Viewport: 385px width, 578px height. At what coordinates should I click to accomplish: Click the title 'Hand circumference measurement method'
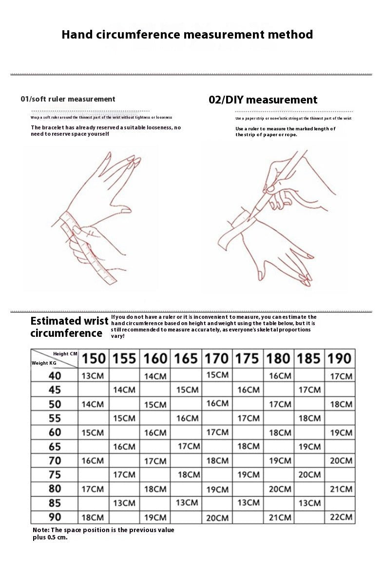point(187,35)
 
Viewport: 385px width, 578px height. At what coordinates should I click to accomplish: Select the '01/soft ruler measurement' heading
point(68,99)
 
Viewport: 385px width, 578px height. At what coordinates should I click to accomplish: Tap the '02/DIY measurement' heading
point(263,100)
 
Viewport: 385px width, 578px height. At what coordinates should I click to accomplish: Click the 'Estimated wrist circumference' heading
point(69,327)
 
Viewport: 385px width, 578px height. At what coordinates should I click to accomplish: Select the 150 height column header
point(94,359)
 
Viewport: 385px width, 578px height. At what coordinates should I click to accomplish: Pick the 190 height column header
point(339,359)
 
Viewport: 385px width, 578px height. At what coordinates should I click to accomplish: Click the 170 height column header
point(216,359)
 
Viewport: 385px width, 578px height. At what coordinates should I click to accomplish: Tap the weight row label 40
point(55,376)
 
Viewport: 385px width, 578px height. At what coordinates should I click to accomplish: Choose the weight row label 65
point(55,447)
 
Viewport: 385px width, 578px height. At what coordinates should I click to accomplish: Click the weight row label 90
point(55,517)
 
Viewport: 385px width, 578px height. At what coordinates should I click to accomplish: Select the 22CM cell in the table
point(340,517)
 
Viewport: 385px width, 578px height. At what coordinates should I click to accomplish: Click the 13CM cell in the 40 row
point(93,376)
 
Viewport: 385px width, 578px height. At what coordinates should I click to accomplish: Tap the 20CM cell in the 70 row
point(340,460)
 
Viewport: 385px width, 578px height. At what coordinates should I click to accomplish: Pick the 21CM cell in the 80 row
point(340,489)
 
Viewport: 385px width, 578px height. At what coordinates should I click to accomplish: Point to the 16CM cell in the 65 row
point(124,447)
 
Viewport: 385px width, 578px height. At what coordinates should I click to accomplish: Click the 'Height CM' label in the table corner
point(65,353)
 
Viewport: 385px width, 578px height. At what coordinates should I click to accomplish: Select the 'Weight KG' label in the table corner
point(44,363)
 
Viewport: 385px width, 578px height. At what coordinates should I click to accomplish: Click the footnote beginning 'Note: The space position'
point(103,533)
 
